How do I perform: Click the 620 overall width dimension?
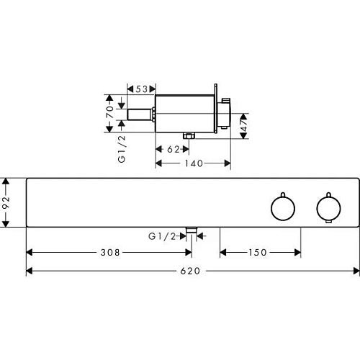click(x=190, y=271)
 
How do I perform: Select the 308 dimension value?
click(x=110, y=253)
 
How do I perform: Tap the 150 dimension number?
click(x=258, y=253)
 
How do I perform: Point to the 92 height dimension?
click(x=6, y=202)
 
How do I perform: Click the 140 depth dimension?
click(x=194, y=163)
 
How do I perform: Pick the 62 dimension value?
click(x=174, y=149)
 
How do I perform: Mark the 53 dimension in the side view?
click(x=142, y=89)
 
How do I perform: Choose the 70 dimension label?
click(x=109, y=112)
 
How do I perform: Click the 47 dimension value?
click(x=244, y=125)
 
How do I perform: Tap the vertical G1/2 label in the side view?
click(x=122, y=149)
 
